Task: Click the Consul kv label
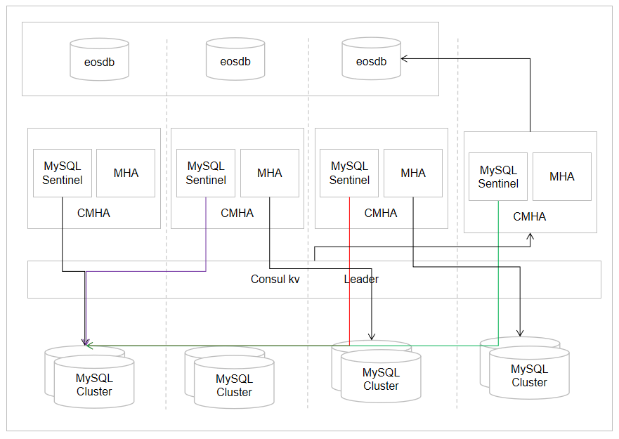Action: click(275, 280)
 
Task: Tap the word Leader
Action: click(361, 280)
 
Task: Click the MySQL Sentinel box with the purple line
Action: click(206, 173)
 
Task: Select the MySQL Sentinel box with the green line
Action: click(498, 177)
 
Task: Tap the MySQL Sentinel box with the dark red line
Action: click(349, 173)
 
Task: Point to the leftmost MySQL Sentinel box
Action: click(63, 173)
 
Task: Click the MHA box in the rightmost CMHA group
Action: click(561, 177)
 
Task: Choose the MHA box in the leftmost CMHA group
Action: click(126, 173)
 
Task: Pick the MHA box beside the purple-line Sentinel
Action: click(270, 173)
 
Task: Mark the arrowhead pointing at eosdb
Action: click(405, 60)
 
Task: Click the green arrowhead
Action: click(86, 345)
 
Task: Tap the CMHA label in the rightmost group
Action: click(529, 217)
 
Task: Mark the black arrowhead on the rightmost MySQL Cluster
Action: click(520, 333)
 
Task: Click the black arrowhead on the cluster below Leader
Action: click(372, 336)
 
